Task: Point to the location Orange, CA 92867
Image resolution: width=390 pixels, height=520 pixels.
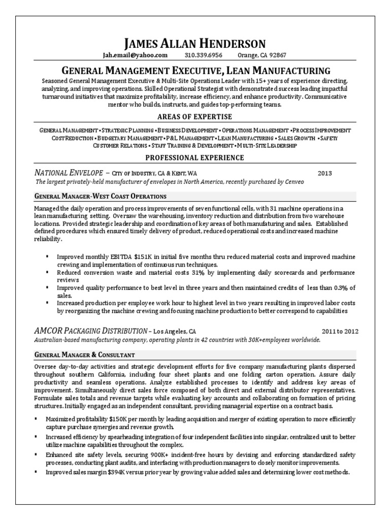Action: (x=262, y=55)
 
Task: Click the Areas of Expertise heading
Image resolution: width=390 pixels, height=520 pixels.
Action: (x=195, y=117)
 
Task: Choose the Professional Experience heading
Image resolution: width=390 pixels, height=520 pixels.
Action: (x=195, y=158)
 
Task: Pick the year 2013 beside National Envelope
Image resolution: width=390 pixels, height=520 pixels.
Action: (x=324, y=173)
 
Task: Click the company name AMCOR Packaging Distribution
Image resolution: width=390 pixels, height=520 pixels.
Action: (x=89, y=331)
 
